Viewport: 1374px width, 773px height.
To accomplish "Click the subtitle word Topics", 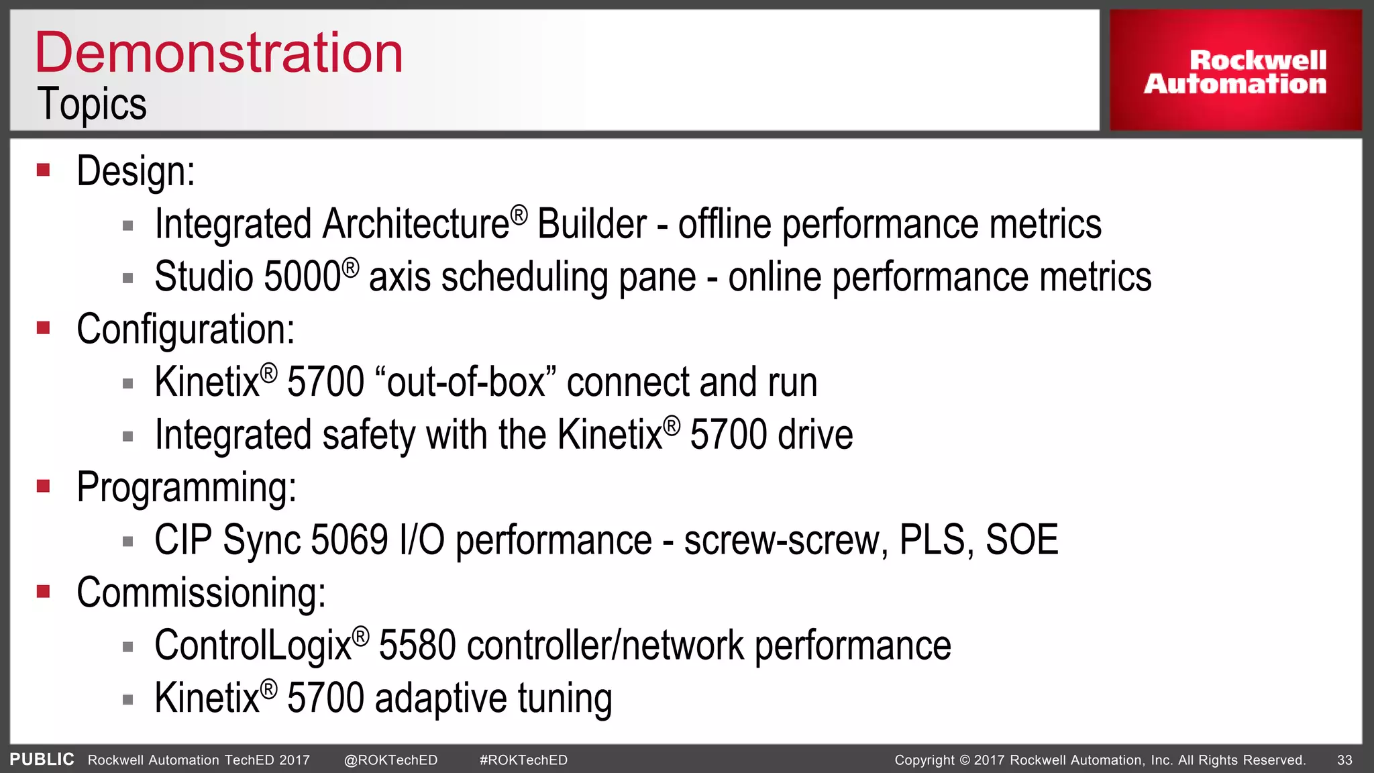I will pos(92,104).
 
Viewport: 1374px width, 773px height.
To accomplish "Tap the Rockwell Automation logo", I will pos(1235,71).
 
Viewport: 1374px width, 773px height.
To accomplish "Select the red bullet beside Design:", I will pos(44,170).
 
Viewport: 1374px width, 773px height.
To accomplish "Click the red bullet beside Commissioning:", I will pos(44,591).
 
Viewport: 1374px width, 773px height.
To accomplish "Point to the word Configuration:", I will pos(185,329).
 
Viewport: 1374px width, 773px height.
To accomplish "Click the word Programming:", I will pos(187,487).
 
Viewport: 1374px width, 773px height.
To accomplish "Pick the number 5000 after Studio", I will pos(303,276).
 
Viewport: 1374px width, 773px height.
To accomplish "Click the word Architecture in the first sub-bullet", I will pos(415,224).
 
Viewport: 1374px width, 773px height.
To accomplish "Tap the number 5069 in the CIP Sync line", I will pos(350,540).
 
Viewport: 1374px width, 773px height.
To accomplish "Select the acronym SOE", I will pos(1022,540).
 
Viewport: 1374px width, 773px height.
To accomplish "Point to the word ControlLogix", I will pos(253,646).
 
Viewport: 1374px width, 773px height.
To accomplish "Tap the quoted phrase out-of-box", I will pos(466,382).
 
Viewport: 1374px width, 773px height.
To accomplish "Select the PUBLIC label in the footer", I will pos(42,760).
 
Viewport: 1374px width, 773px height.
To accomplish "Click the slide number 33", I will pos(1344,760).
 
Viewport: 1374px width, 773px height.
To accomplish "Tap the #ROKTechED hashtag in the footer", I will pos(523,760).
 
